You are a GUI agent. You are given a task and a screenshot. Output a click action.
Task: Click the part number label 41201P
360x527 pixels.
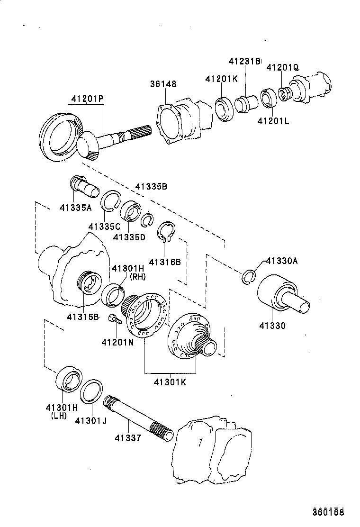(x=88, y=99)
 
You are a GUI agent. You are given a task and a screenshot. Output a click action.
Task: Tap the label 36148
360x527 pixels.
(x=163, y=84)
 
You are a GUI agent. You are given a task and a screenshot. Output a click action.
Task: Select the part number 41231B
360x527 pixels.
(x=244, y=61)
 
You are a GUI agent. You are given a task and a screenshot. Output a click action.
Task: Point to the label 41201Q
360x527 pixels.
(x=282, y=68)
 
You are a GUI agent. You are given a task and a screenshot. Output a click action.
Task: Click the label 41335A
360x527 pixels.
(x=75, y=207)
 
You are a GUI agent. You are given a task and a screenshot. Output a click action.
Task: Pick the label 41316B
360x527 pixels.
(x=164, y=262)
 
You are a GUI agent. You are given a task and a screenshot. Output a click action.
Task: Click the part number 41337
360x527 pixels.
(x=127, y=438)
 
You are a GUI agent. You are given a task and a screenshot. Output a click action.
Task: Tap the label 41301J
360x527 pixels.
(x=90, y=420)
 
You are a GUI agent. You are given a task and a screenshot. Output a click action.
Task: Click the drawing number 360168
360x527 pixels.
(x=327, y=512)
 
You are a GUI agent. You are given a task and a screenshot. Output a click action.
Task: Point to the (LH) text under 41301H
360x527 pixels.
(x=58, y=416)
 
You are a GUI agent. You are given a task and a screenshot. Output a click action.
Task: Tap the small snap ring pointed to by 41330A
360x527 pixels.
(x=248, y=278)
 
